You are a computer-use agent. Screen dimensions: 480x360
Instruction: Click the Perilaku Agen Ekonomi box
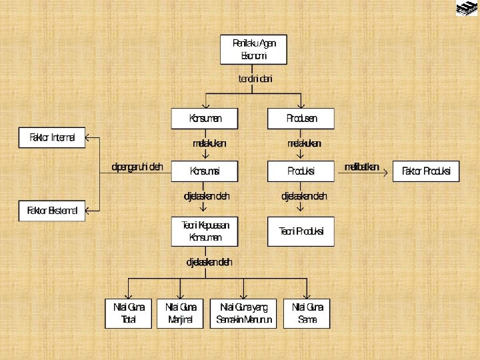pyautogui.click(x=254, y=49)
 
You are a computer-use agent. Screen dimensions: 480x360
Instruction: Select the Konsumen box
pyautogui.click(x=205, y=119)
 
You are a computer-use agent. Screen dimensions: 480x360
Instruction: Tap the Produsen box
pyautogui.click(x=301, y=119)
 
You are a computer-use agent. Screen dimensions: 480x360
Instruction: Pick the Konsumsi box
pyautogui.click(x=205, y=171)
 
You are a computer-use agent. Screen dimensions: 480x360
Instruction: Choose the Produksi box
pyautogui.click(x=301, y=171)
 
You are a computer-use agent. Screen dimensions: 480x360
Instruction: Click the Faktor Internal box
pyautogui.click(x=52, y=139)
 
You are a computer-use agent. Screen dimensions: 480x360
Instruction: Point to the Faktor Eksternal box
pyautogui.click(x=52, y=212)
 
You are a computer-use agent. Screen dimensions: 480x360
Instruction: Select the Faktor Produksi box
pyautogui.click(x=426, y=171)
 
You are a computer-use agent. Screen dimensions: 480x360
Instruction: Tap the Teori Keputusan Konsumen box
pyautogui.click(x=205, y=231)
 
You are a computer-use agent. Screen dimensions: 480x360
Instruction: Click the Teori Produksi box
pyautogui.click(x=301, y=231)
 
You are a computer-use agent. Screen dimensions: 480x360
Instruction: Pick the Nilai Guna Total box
pyautogui.click(x=129, y=313)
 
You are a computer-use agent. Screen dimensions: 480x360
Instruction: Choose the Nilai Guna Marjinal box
pyautogui.click(x=181, y=313)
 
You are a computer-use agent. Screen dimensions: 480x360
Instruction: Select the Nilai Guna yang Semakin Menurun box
pyautogui.click(x=244, y=313)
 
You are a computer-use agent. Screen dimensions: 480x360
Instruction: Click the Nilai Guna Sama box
pyautogui.click(x=307, y=313)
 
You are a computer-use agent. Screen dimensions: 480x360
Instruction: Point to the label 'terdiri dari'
pyautogui.click(x=255, y=79)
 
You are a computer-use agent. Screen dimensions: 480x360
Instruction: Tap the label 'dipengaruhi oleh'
pyautogui.click(x=137, y=167)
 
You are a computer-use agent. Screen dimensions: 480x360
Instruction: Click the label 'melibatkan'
pyautogui.click(x=361, y=167)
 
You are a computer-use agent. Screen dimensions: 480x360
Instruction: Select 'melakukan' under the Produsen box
pyautogui.click(x=304, y=143)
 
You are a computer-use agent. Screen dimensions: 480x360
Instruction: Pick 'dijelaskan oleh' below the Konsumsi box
pyautogui.click(x=207, y=196)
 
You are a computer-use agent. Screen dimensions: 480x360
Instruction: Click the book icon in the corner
pyautogui.click(x=467, y=9)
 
